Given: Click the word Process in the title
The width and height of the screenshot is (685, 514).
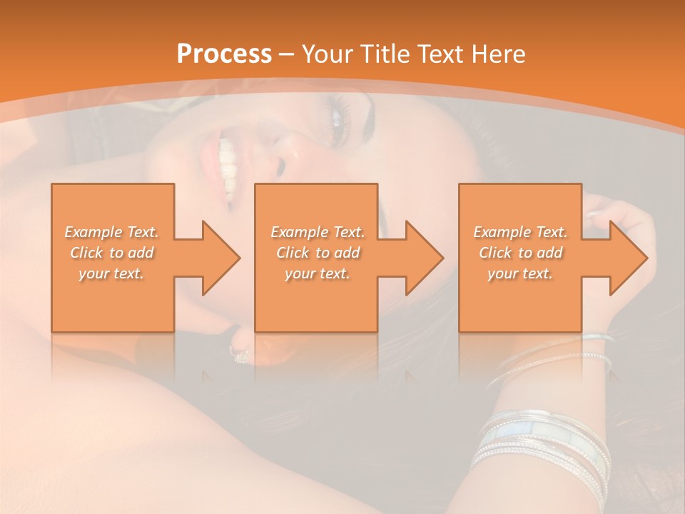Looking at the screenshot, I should [x=224, y=54].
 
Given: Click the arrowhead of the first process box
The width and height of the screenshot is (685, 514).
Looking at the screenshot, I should [x=221, y=258].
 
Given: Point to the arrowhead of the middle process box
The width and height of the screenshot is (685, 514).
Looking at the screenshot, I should [x=425, y=258].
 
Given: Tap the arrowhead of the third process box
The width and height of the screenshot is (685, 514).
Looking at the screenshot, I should [x=629, y=258].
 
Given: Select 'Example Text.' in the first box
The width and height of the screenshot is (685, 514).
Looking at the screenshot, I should [x=112, y=232].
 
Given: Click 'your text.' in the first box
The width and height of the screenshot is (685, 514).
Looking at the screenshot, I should [x=112, y=273].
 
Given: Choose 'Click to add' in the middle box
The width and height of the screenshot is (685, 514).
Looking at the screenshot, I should [x=318, y=253].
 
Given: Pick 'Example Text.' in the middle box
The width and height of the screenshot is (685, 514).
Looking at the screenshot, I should [x=318, y=232].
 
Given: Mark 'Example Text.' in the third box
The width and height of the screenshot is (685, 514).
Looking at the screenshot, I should [x=520, y=232].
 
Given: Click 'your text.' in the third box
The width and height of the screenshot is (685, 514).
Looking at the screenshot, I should [x=520, y=273].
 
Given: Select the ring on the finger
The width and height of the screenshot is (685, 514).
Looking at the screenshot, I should [x=240, y=353].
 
